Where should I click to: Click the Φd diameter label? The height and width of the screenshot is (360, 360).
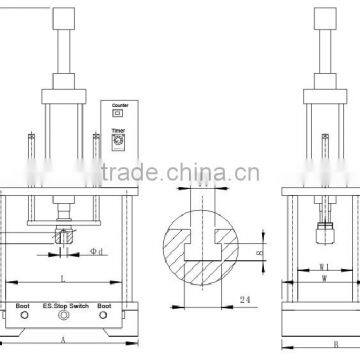coord(95,250)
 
